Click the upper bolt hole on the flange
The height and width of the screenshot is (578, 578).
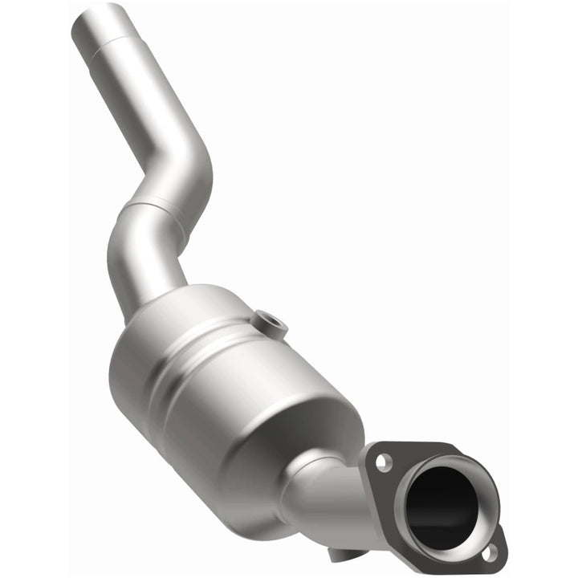point(383,462)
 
